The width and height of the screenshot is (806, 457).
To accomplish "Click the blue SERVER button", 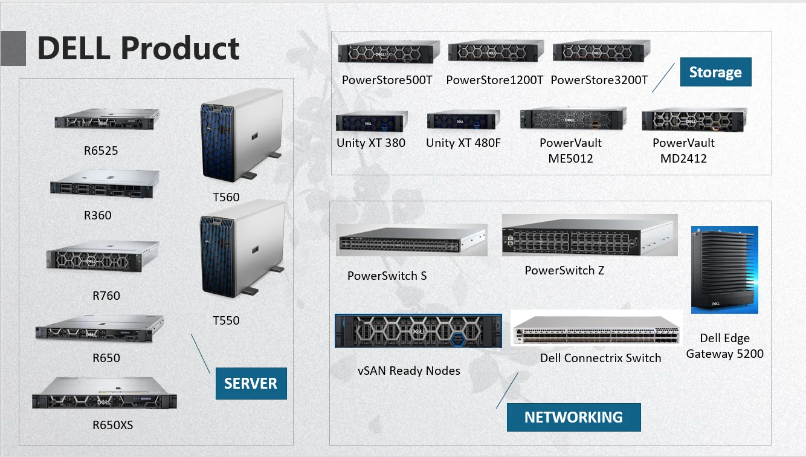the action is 251,383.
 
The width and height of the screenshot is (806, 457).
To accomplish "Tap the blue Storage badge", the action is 716,72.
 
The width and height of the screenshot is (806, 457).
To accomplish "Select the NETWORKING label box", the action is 573,417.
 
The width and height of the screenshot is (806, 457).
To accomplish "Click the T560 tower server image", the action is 241,135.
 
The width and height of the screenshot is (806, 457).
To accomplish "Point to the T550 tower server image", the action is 242,248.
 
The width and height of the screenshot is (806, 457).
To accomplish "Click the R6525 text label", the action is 101,151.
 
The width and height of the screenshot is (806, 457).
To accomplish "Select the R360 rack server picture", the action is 105,184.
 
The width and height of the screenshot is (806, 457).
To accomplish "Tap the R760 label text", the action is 106,296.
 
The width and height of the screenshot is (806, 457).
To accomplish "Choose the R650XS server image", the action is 105,393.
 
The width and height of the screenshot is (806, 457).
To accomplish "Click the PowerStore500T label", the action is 387,80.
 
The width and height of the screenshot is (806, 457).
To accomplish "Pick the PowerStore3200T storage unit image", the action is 602,51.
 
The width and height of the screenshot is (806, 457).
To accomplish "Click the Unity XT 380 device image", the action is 372,121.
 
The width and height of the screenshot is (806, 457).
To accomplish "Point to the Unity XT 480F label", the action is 463,143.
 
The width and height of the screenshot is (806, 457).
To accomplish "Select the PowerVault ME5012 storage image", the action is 573,118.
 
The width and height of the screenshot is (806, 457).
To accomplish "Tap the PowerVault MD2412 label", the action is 683,151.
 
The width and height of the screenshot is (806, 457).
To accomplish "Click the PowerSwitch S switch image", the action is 411,240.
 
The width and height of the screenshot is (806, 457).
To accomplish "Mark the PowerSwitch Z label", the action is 564,270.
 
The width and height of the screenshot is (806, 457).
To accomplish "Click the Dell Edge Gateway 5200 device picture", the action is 724,270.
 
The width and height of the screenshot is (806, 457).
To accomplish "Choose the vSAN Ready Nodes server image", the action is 418,331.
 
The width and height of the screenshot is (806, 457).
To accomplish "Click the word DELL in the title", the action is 74,48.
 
